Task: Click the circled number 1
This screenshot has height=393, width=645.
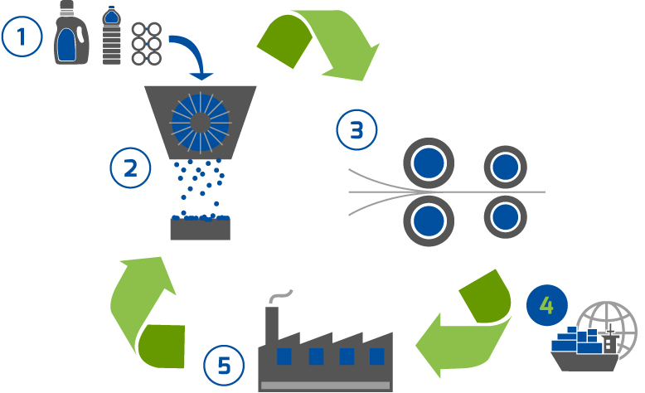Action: [22, 36]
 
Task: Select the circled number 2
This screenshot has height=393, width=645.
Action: [130, 168]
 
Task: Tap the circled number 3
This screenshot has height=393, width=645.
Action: [356, 129]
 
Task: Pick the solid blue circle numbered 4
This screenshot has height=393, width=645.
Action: [546, 305]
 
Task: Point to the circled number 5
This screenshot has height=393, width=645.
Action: [224, 366]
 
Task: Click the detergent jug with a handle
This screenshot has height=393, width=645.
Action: [71, 32]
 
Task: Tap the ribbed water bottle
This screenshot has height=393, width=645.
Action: [111, 36]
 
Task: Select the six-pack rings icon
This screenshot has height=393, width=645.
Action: [147, 44]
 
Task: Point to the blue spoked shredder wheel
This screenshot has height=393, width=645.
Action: [201, 122]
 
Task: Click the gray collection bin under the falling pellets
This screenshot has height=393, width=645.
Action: [201, 229]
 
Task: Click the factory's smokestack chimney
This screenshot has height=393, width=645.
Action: [271, 325]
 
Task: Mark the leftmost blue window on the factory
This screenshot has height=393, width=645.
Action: [284, 357]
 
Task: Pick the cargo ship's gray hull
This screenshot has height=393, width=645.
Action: [584, 361]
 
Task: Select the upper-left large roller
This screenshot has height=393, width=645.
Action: [429, 163]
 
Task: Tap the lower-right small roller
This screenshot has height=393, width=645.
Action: [505, 217]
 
